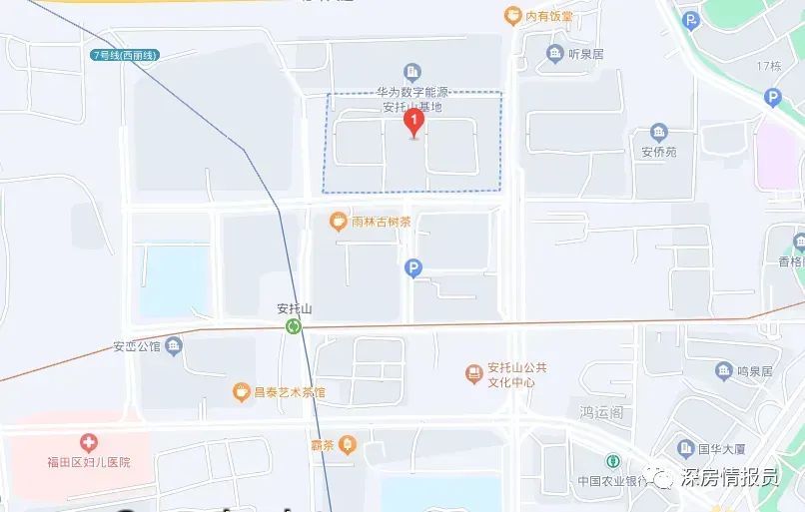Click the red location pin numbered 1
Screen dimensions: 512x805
point(413,122)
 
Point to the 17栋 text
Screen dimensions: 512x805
point(768,66)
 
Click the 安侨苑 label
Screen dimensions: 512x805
point(658,153)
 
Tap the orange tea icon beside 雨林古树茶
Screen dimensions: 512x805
point(340,222)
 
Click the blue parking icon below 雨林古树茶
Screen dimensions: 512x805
point(413,267)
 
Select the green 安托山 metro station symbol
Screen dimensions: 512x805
point(294,326)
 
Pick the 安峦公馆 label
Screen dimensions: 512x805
point(136,348)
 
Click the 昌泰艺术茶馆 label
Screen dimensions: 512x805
point(288,392)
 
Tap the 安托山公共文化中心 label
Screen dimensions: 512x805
point(516,374)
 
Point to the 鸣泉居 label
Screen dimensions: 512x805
point(754,371)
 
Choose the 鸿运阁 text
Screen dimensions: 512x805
point(601,410)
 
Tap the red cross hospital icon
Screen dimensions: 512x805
point(90,442)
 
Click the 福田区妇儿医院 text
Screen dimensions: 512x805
point(89,462)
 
